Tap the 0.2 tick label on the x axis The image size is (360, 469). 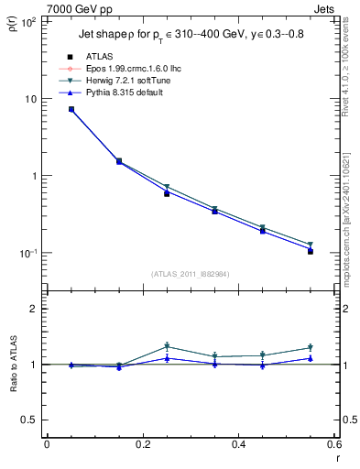click(142, 446)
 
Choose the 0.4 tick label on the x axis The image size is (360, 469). click(238, 446)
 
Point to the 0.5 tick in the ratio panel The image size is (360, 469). click(27, 420)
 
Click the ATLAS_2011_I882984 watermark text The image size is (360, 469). click(191, 274)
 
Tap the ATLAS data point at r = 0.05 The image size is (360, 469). click(71, 109)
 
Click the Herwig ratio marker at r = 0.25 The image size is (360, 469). click(167, 346)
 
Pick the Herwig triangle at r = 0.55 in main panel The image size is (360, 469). click(311, 245)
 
